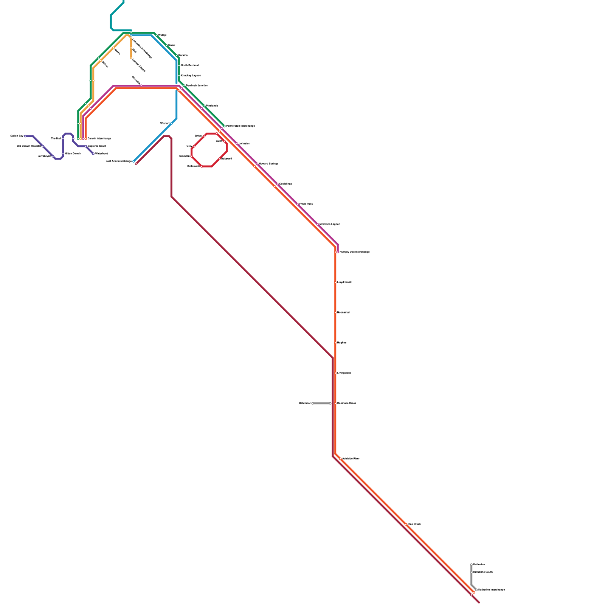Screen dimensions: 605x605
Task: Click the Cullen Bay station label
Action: click(17, 136)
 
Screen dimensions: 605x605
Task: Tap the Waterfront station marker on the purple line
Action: click(93, 154)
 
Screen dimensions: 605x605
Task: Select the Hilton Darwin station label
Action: click(73, 154)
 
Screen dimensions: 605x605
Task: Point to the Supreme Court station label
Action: click(97, 146)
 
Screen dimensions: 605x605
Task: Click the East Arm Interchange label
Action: click(119, 161)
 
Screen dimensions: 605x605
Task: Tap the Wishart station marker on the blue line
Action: click(171, 124)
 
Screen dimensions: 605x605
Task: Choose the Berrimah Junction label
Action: click(197, 86)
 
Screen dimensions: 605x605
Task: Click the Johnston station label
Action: click(245, 144)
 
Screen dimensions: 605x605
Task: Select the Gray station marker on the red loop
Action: click(194, 146)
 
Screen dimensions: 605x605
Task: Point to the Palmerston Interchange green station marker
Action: click(224, 126)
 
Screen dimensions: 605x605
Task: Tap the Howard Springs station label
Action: click(268, 164)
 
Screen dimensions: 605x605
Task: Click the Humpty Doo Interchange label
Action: click(354, 252)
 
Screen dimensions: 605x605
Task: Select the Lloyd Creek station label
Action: click(344, 282)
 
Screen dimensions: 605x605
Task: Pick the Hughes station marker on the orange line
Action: click(335, 343)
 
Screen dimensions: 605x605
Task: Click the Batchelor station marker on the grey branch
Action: click(312, 403)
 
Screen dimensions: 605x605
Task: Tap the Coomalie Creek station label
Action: click(347, 403)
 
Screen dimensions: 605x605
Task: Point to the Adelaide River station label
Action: click(351, 459)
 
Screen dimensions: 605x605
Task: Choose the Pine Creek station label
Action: click(414, 524)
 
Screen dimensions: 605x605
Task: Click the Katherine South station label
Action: click(483, 572)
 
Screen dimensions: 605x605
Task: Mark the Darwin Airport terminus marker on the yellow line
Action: click(131, 58)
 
